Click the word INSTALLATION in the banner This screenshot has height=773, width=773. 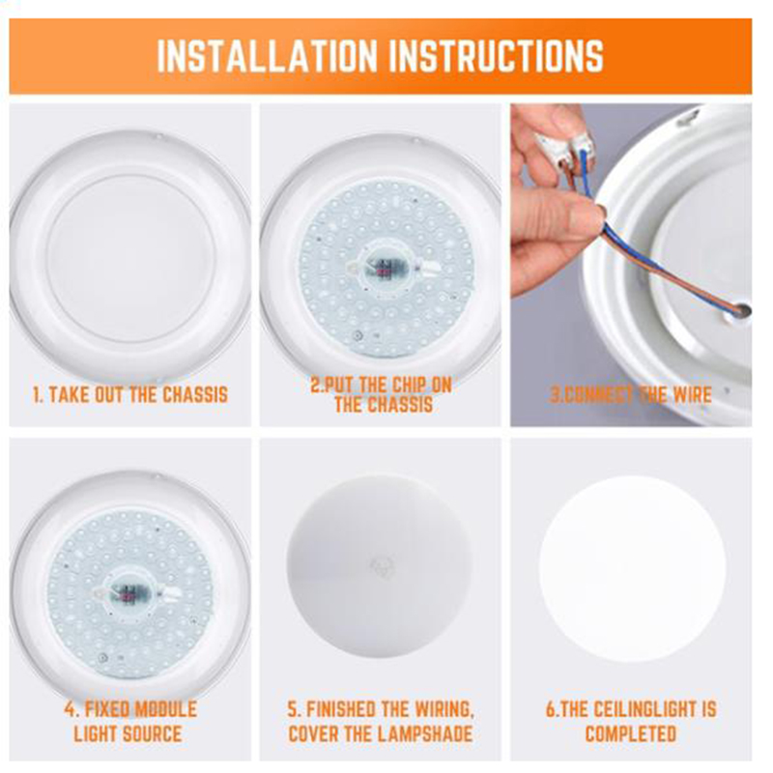pyautogui.click(x=268, y=55)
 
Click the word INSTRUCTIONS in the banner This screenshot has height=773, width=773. pyautogui.click(x=498, y=55)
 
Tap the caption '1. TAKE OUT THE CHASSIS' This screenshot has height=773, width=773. pyautogui.click(x=130, y=394)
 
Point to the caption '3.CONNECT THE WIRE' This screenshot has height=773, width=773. pyautogui.click(x=631, y=394)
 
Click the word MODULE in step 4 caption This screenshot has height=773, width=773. pyautogui.click(x=165, y=709)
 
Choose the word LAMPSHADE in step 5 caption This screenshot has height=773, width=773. pyautogui.click(x=421, y=733)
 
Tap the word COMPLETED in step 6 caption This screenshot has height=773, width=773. pyautogui.click(x=631, y=733)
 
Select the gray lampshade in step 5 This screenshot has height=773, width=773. pyautogui.click(x=380, y=566)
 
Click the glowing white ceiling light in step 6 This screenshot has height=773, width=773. pyautogui.click(x=633, y=568)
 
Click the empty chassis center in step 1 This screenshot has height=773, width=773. pyautogui.click(x=131, y=259)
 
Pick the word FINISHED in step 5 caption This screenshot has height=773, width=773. pyautogui.click(x=341, y=709)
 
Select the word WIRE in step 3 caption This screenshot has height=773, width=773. pyautogui.click(x=692, y=394)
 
